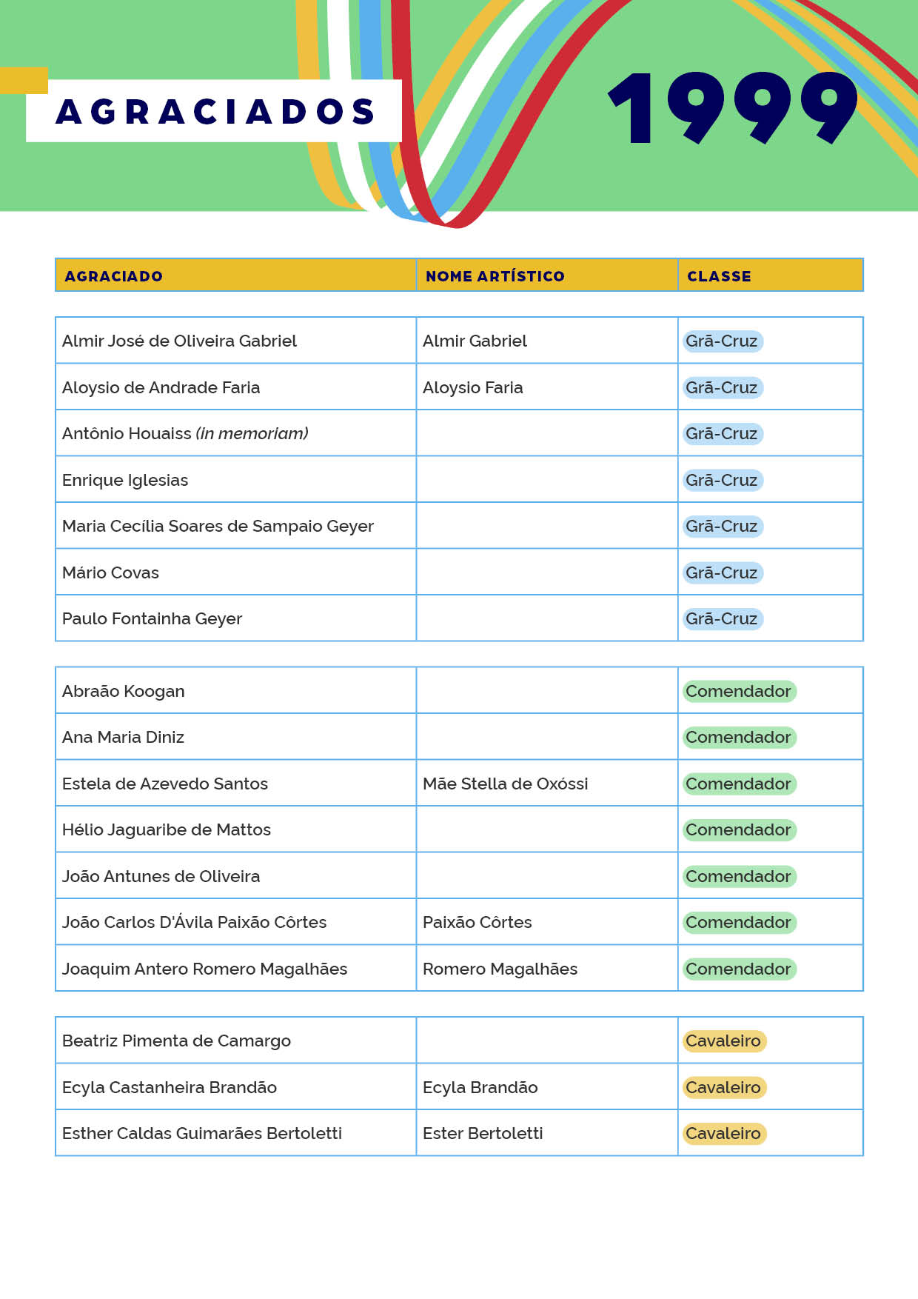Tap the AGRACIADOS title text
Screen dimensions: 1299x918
point(215,111)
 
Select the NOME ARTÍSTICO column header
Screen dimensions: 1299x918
point(495,276)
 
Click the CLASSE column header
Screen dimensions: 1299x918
point(719,276)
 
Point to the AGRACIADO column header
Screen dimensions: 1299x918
point(113,276)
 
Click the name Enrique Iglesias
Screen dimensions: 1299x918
point(125,480)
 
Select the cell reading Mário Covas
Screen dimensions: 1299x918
point(110,572)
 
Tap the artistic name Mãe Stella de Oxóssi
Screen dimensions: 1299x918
point(505,784)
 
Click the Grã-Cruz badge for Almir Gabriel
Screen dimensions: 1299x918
point(722,341)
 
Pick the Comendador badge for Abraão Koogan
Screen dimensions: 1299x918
point(738,691)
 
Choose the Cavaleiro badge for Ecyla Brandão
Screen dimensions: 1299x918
point(723,1087)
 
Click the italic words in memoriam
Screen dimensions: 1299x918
point(252,433)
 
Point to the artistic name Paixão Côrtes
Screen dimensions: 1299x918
point(477,922)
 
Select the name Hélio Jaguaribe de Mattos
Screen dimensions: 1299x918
point(167,829)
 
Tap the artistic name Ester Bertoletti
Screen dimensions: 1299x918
point(483,1133)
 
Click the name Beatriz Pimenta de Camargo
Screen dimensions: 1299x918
point(176,1041)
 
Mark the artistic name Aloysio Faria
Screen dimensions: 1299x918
point(472,387)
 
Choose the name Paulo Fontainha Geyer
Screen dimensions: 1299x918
point(152,618)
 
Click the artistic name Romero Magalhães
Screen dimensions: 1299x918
point(500,969)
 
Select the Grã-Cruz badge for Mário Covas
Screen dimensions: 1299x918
point(722,572)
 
